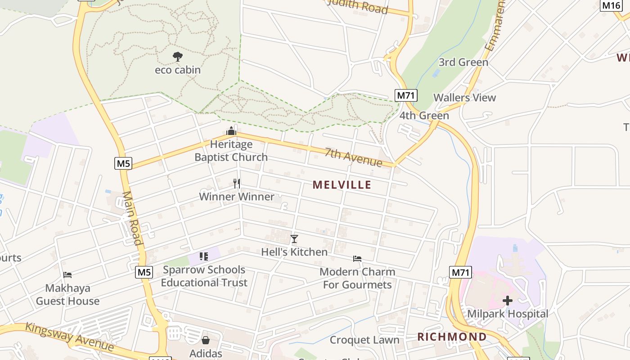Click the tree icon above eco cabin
click(x=178, y=57)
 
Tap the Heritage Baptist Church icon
click(x=231, y=131)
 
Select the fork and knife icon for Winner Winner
click(x=237, y=183)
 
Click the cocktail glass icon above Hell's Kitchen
click(x=294, y=238)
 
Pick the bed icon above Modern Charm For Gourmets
click(x=357, y=259)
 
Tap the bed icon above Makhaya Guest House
click(x=67, y=274)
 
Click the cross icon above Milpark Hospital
click(x=508, y=301)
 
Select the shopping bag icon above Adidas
click(x=206, y=340)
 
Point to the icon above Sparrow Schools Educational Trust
click(x=204, y=256)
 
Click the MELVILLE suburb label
click(x=342, y=184)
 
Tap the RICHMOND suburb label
click(x=452, y=337)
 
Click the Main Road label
click(x=132, y=218)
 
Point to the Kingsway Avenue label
click(x=69, y=337)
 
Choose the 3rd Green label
click(x=463, y=62)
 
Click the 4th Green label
click(x=424, y=116)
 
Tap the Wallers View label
click(x=464, y=98)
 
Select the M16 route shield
click(x=612, y=5)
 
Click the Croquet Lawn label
click(x=364, y=340)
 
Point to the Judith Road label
click(x=358, y=5)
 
